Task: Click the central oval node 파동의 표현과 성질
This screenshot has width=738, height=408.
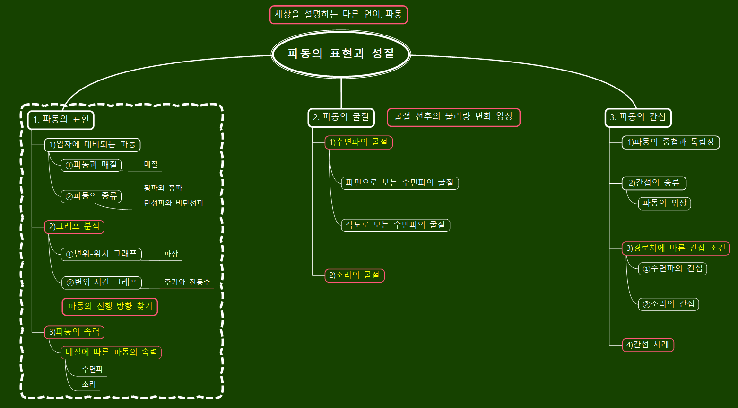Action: click(340, 53)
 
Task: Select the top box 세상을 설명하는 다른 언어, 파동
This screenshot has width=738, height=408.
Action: click(338, 15)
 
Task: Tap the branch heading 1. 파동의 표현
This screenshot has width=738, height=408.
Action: click(61, 120)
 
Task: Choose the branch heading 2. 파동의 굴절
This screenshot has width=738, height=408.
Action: click(341, 117)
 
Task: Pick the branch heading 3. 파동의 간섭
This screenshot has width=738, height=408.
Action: click(638, 117)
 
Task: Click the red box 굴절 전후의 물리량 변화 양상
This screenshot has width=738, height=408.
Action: click(453, 117)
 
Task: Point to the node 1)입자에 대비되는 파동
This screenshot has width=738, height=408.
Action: click(93, 144)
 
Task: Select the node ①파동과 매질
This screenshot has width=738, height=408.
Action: click(91, 165)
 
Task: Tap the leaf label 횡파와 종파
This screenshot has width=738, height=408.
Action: click(163, 188)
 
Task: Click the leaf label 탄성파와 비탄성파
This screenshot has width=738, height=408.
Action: click(174, 204)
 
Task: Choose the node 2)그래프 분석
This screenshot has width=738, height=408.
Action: click(74, 227)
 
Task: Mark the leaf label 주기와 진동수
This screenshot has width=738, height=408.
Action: click(187, 283)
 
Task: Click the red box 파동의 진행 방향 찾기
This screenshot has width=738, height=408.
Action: click(110, 306)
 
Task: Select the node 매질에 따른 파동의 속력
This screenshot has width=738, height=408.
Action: click(111, 353)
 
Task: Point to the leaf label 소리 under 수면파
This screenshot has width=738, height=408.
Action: click(89, 384)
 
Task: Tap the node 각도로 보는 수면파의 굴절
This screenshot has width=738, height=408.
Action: click(395, 225)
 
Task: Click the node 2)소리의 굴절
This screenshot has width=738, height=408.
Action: click(355, 275)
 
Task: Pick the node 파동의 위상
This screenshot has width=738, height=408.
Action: click(664, 204)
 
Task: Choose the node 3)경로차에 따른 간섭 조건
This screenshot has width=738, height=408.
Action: click(676, 248)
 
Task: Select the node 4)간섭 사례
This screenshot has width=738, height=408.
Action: click(648, 345)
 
